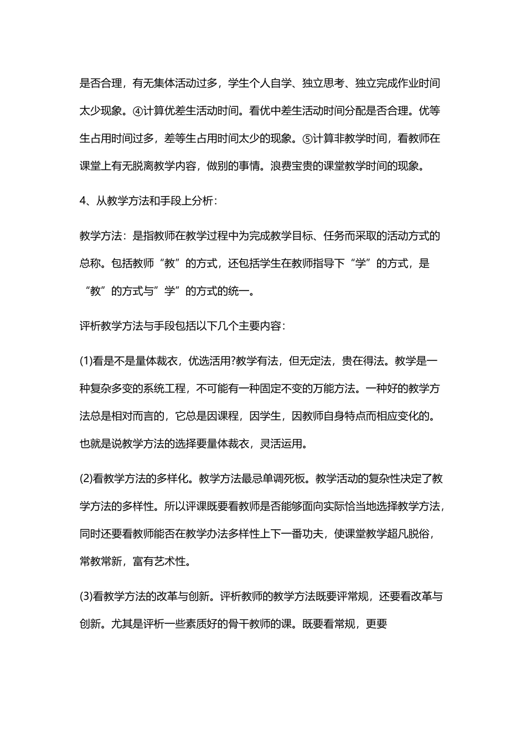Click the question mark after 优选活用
click(233, 361)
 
